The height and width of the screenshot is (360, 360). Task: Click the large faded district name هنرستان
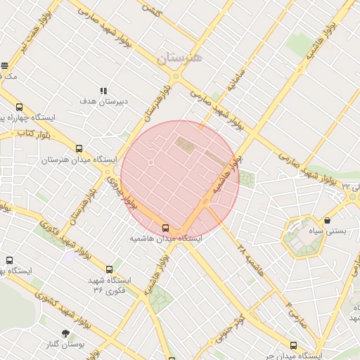pyautogui.click(x=179, y=57)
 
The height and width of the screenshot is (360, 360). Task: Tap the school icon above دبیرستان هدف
pyautogui.click(x=104, y=91)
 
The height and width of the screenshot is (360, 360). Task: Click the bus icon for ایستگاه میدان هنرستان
pyautogui.click(x=79, y=149)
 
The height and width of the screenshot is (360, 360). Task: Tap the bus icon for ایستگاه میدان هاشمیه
pyautogui.click(x=166, y=228)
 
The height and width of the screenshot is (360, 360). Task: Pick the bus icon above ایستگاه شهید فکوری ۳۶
pyautogui.click(x=109, y=269)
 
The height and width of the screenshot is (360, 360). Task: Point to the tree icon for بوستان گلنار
pyautogui.click(x=66, y=333)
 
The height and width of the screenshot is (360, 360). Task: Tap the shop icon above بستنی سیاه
pyautogui.click(x=328, y=220)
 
